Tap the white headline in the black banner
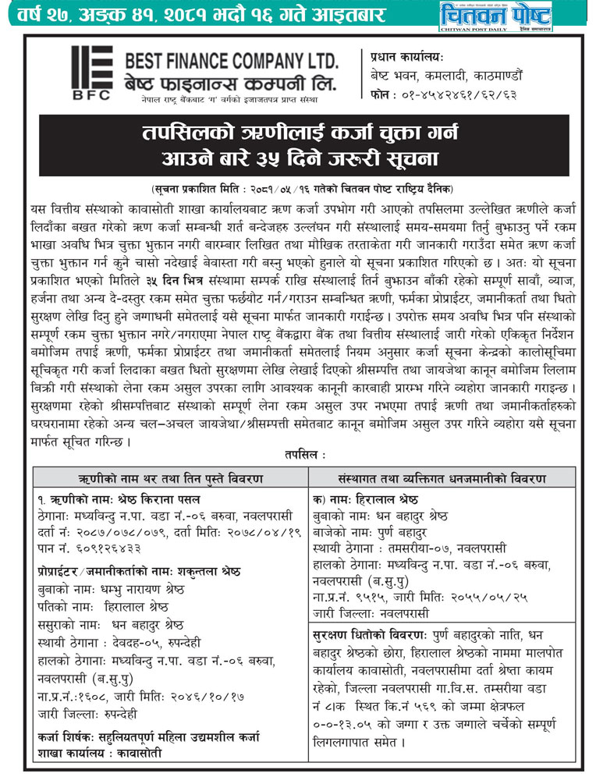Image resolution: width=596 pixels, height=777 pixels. [x=297, y=146]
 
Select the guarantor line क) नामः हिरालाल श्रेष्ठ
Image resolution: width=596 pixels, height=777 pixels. [x=365, y=498]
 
